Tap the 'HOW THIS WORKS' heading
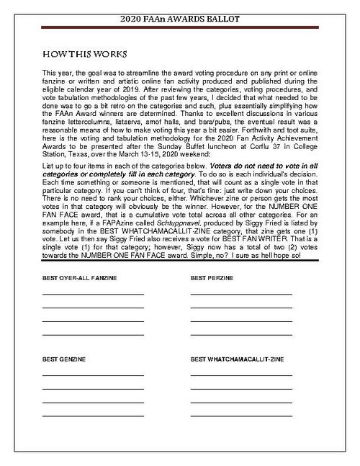pyautogui.click(x=85, y=54)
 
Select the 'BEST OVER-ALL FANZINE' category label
pyautogui.click(x=79, y=277)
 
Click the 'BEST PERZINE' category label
pyautogui.click(x=214, y=277)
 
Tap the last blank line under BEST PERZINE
pyautogui.click(x=241, y=335)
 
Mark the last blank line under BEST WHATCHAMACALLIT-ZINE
pyautogui.click(x=241, y=416)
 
